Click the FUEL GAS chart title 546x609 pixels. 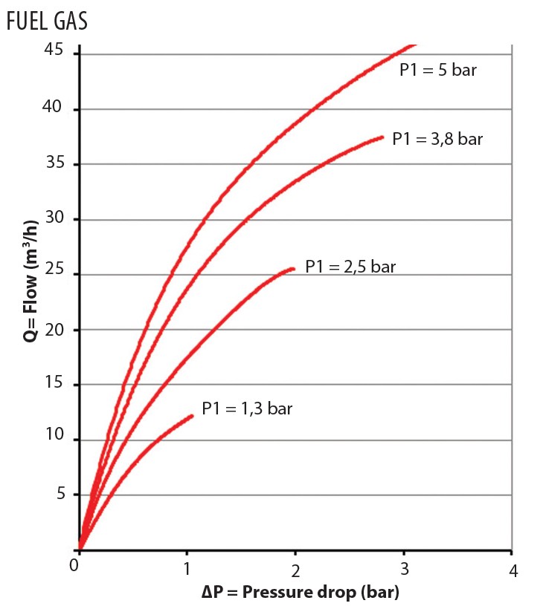coord(47,21)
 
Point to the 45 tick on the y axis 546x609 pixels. coord(54,50)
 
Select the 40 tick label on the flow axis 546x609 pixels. coord(52,106)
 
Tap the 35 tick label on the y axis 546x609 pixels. coord(55,162)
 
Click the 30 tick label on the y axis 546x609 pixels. coord(54,217)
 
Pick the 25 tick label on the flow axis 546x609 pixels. coord(54,268)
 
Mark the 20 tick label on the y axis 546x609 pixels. coord(54,330)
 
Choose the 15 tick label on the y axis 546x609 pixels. coord(54,382)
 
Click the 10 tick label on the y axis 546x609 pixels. coord(54,434)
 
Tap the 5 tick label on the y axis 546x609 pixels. coord(61,493)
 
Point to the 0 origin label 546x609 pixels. coord(74,565)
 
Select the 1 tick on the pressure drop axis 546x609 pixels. coord(187,569)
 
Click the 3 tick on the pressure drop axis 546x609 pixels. coord(405,569)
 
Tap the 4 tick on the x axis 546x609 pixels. coord(513,571)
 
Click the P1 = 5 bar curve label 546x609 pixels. coord(438,70)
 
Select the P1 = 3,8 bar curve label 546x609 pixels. coord(437,139)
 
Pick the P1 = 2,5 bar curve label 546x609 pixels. coord(350,267)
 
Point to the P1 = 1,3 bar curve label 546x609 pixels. coord(247,408)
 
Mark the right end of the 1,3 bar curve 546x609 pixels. coord(192,416)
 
